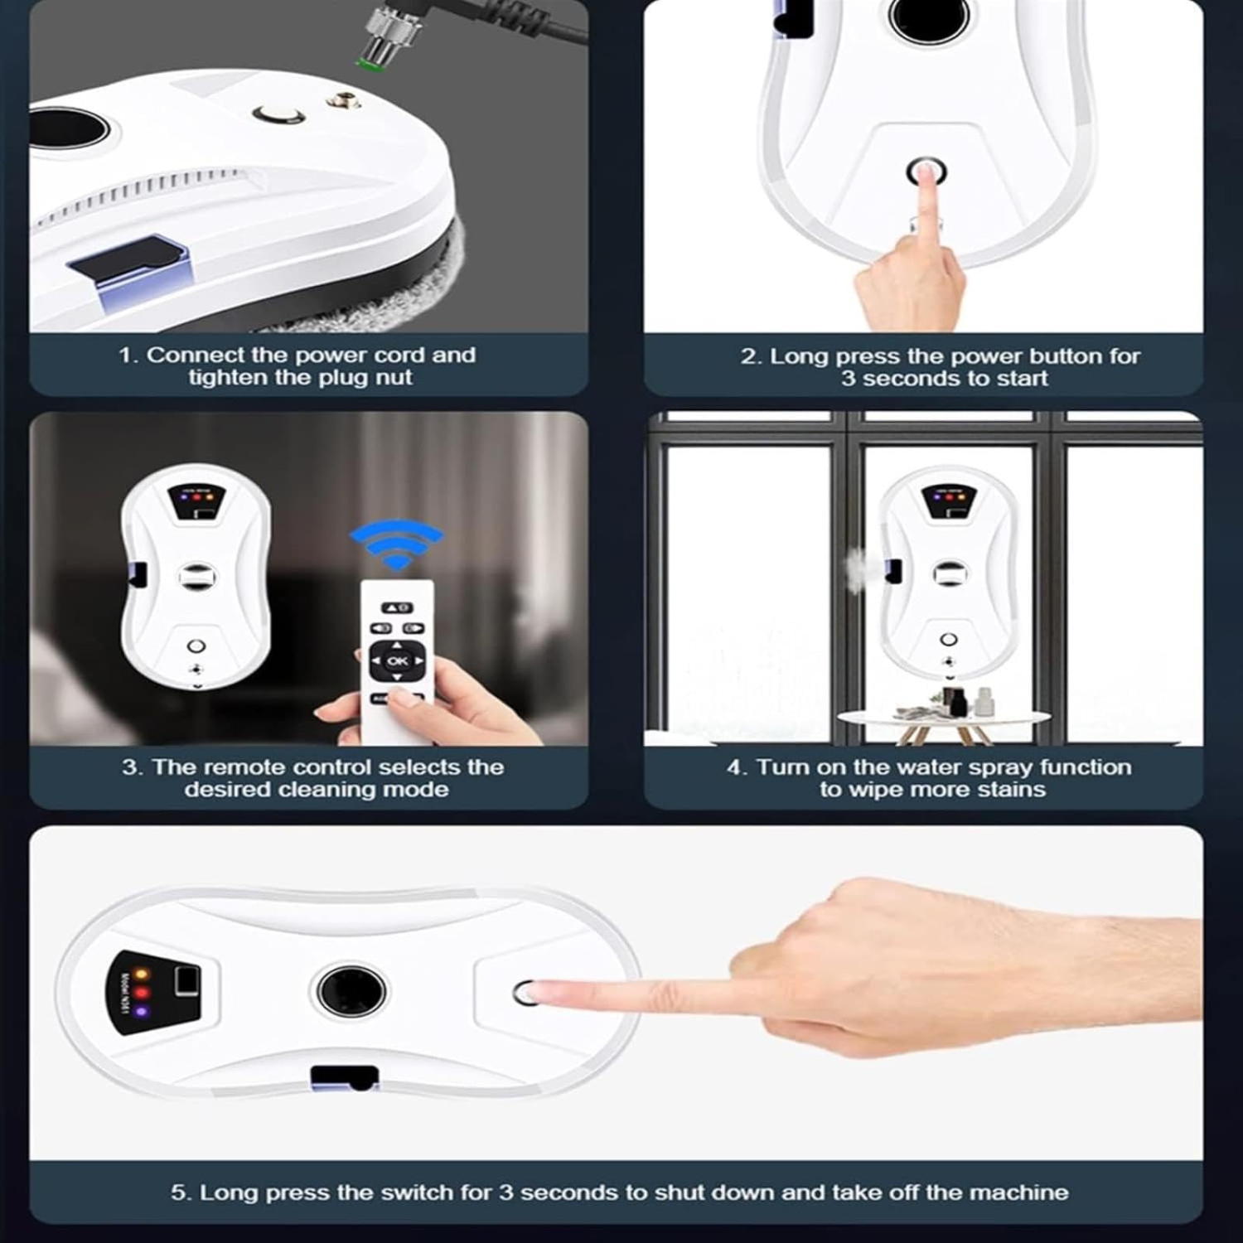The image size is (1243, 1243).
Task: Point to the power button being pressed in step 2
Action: pos(926,172)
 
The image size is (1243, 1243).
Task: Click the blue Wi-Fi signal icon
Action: pos(397,544)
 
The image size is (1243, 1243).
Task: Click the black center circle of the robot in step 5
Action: pos(351,990)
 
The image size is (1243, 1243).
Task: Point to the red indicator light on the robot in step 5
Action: pos(141,992)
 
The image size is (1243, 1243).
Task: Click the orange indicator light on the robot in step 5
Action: pos(141,974)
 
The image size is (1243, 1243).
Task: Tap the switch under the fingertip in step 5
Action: pos(525,992)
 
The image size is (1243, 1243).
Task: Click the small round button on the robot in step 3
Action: pos(196,646)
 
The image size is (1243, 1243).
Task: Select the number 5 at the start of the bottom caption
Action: pos(177,1192)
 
